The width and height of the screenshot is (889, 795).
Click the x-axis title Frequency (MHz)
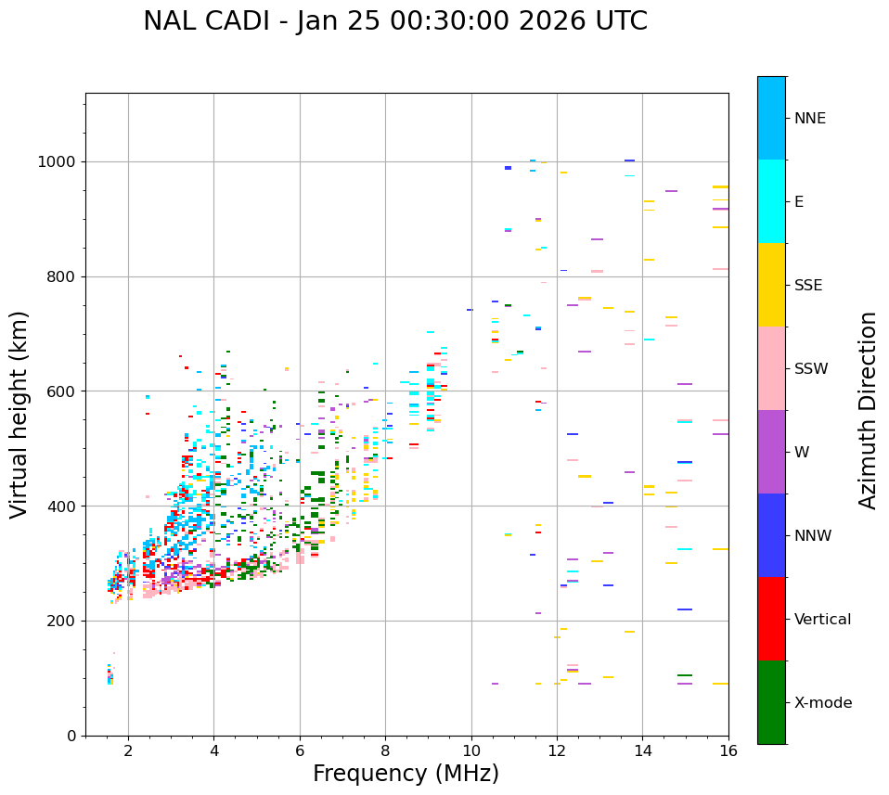pos(406,774)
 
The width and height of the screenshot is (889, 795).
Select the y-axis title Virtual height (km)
pos(19,414)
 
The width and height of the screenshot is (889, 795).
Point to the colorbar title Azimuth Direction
pos(868,410)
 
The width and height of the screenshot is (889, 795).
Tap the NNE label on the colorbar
pos(809,119)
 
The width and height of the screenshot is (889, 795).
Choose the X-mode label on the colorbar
pos(823,703)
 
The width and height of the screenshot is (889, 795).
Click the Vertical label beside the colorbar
pos(822,620)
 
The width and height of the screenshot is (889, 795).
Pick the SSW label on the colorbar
pos(811,369)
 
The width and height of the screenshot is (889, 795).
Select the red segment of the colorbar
pos(771,618)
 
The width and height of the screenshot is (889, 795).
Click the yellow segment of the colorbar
pos(771,284)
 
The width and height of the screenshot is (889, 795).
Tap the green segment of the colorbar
pos(771,701)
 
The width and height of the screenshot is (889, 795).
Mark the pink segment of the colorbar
pos(771,367)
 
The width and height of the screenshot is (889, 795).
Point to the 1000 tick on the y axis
pos(58,161)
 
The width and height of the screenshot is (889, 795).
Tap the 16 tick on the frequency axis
pos(728,750)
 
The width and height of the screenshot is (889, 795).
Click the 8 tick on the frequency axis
pos(385,750)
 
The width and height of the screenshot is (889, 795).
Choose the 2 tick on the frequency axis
pos(128,750)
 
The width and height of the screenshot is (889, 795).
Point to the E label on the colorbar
pos(799,202)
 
